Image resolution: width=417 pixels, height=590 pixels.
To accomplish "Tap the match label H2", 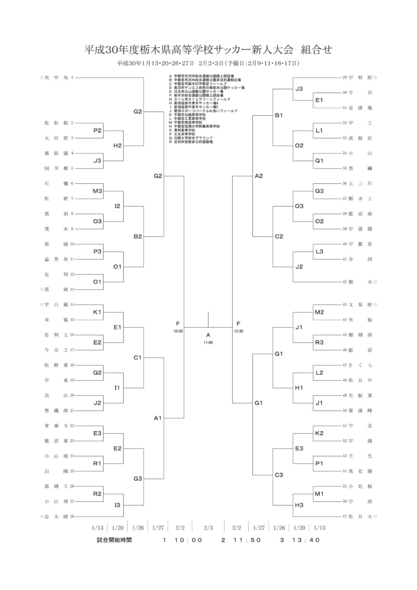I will point(117,145).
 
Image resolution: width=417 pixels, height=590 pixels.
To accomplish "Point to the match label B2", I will point(137,236).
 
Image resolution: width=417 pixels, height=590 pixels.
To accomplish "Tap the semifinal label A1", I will point(158,418).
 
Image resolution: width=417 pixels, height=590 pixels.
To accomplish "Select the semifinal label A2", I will point(259,176).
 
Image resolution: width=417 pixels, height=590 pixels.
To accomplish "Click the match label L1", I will point(319,130).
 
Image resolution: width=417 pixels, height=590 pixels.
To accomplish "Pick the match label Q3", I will point(319,191).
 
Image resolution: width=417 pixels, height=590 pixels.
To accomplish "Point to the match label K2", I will point(319,433).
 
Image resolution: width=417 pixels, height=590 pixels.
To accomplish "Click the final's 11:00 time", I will point(208,343).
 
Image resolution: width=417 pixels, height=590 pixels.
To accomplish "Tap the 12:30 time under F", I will point(238,331).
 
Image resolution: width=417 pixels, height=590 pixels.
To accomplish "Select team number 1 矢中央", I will point(57,77).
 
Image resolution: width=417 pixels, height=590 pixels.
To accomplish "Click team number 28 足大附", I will point(58,516).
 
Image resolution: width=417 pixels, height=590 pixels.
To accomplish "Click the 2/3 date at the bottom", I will point(208,527).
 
